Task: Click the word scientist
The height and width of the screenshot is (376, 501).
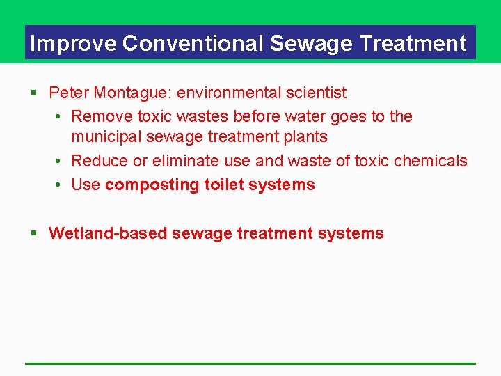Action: (317, 93)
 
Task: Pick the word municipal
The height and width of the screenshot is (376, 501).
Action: (104, 138)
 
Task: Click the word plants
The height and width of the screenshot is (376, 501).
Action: (305, 138)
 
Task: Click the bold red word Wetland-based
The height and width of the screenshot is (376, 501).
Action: (108, 233)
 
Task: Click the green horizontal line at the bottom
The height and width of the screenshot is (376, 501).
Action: (250, 363)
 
